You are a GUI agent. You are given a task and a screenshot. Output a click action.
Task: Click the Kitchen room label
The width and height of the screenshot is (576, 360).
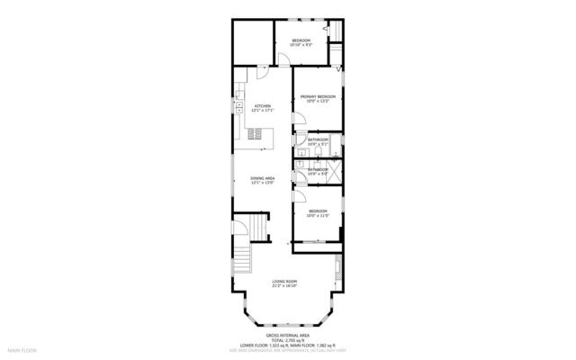(x=263, y=106)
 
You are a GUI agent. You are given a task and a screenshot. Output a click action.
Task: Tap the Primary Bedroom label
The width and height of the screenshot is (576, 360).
(x=318, y=96)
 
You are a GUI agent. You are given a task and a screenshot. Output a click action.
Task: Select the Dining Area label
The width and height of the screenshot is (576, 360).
(x=262, y=178)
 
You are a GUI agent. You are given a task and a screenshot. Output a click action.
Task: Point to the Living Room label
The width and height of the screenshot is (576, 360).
(x=285, y=282)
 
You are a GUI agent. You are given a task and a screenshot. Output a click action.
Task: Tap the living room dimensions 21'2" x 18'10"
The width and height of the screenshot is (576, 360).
(x=285, y=287)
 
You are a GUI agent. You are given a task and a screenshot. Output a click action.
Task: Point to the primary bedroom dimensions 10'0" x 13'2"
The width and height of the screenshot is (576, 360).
(x=318, y=102)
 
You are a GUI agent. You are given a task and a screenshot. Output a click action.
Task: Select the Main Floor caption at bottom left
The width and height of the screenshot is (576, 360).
(x=22, y=349)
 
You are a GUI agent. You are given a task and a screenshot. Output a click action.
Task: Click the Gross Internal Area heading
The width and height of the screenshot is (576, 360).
(x=287, y=332)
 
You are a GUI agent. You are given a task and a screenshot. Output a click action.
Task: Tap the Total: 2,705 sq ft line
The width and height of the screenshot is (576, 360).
(x=287, y=338)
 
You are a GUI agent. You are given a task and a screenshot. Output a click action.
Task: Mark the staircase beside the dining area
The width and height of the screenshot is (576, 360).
(x=258, y=226)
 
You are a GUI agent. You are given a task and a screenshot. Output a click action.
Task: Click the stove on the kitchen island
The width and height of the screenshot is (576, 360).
(x=258, y=134)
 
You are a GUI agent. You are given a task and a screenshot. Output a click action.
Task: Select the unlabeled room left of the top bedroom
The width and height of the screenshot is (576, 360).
(x=251, y=42)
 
